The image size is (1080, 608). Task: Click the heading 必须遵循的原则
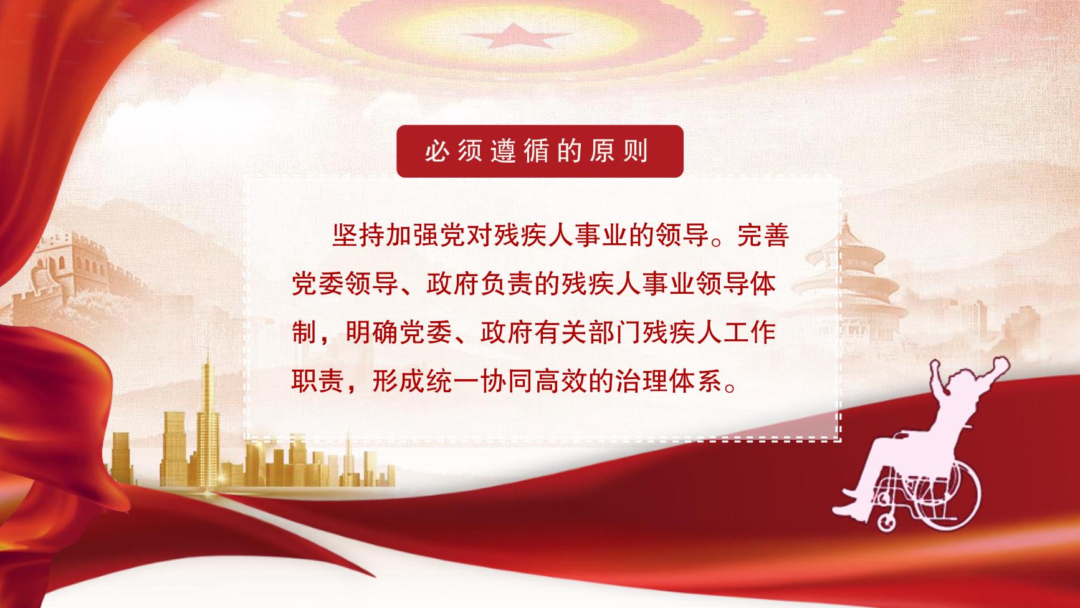point(537,152)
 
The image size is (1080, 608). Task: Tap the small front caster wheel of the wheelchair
point(885,520)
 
